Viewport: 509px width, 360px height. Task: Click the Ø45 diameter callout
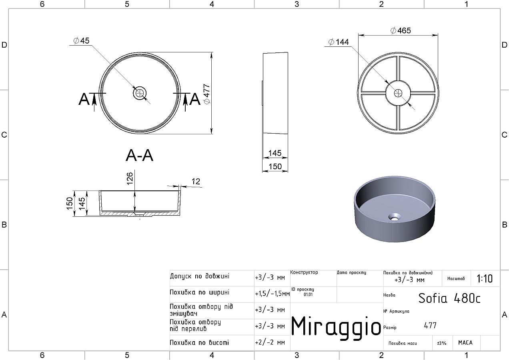point(82,41)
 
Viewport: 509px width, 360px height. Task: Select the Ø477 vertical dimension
point(207,94)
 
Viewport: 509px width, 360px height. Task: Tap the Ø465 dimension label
point(401,30)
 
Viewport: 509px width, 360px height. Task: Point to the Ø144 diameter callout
point(339,42)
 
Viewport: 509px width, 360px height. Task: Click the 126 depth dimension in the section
point(130,178)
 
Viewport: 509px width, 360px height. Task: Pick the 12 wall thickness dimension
point(196,181)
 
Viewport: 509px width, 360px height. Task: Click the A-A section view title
point(140,156)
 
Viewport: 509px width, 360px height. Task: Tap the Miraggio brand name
point(336,326)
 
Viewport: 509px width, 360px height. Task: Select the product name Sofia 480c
point(449,298)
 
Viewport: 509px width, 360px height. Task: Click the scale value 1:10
point(485,279)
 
